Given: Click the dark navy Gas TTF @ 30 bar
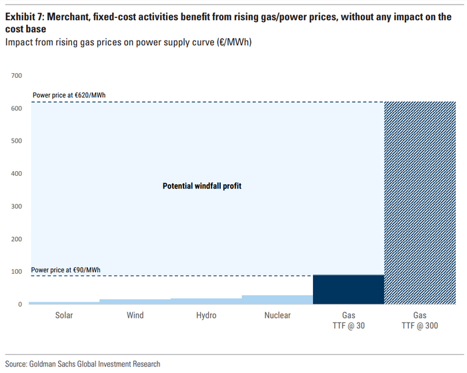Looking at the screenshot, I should click(348, 290).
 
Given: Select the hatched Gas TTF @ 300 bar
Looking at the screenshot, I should click(420, 203).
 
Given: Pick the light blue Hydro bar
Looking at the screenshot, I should click(206, 302).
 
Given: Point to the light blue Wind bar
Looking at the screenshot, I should click(135, 302).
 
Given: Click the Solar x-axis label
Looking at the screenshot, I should click(64, 316).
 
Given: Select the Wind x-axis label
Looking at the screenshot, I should click(135, 316).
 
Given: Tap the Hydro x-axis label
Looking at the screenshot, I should click(206, 316).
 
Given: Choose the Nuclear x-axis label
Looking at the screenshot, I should click(277, 316).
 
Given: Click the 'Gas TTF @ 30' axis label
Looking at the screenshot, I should click(348, 320).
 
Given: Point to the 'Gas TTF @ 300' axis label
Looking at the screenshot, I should click(420, 320).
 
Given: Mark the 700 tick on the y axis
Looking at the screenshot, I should click(17, 75).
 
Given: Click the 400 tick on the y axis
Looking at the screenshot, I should click(17, 174).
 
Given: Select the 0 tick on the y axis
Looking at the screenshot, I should click(20, 305).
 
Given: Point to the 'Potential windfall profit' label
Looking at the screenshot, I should click(202, 186).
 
